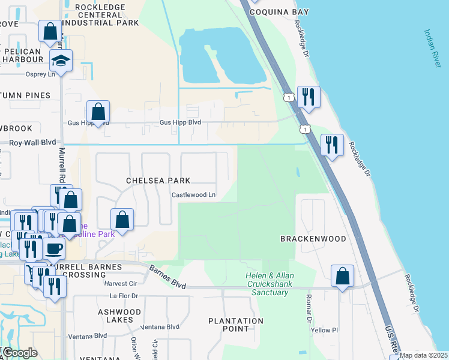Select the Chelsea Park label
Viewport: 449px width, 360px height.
[x=158, y=180]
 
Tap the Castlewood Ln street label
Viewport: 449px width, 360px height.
[x=193, y=195]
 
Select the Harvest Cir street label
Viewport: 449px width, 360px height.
[x=121, y=283]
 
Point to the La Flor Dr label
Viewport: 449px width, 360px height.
[x=124, y=296]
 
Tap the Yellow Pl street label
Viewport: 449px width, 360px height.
[x=325, y=330]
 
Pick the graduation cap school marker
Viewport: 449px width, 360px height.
[x=60, y=61]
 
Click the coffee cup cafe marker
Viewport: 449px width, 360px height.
[x=53, y=248]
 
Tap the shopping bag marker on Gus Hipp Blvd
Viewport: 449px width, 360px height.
[x=98, y=112]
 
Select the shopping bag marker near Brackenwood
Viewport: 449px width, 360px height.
[x=342, y=276]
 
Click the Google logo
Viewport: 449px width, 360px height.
[x=20, y=353]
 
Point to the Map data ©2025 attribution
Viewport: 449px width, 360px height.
[x=423, y=355]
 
